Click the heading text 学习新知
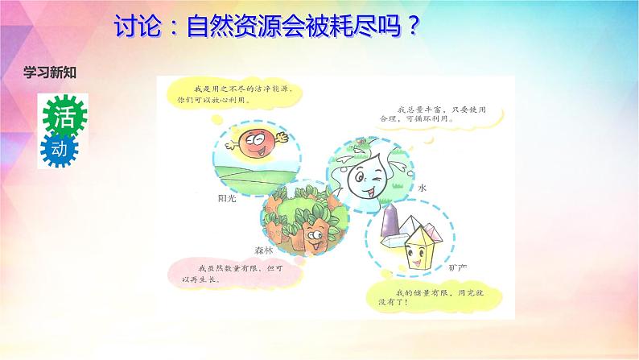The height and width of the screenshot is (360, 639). click(x=49, y=72)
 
